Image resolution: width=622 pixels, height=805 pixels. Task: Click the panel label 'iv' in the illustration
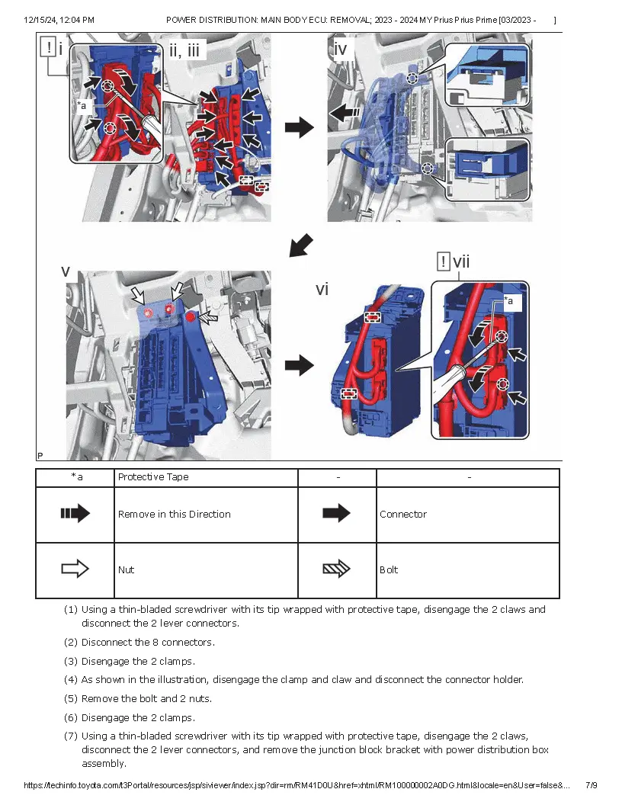point(341,50)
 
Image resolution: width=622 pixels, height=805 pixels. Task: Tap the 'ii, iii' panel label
point(184,50)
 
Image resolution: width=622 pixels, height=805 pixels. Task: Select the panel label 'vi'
point(322,289)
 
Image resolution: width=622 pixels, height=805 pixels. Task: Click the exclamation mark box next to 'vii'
point(444,262)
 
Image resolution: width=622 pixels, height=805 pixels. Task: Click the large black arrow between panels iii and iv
point(299,127)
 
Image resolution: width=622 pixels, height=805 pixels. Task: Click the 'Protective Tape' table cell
point(153,477)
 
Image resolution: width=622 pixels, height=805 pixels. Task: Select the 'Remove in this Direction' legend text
point(174,515)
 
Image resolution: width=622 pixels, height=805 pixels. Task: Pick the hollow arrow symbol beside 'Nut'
point(75,569)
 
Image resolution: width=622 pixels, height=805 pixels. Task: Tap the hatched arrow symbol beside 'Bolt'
point(336,569)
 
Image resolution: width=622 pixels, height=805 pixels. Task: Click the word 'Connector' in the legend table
point(403,515)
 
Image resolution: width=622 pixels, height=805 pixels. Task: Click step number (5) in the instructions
point(71,698)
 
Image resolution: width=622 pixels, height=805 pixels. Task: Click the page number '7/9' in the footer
point(592,785)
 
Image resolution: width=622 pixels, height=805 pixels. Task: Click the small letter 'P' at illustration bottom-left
point(40,455)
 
